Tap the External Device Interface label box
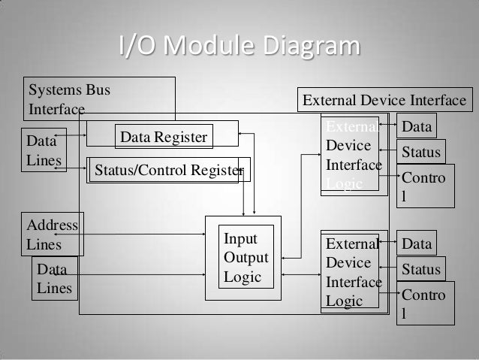click(x=384, y=101)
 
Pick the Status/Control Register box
click(x=168, y=171)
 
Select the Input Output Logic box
click(x=243, y=258)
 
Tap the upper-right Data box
click(x=417, y=127)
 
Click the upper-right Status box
click(x=421, y=153)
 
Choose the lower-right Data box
click(x=417, y=244)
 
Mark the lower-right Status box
click(x=421, y=269)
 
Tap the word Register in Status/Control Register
click(x=215, y=171)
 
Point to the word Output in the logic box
click(x=246, y=258)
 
